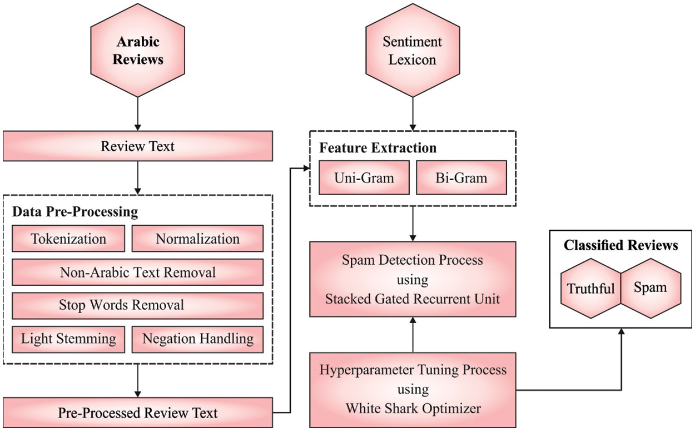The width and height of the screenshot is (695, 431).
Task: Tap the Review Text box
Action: pos(138,146)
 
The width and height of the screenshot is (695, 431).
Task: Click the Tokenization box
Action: pos(69,239)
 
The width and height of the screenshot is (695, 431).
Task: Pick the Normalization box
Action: pos(197,239)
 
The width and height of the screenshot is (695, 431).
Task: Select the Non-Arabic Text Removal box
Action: pos(138,272)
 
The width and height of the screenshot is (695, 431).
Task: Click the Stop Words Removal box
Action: pos(138,305)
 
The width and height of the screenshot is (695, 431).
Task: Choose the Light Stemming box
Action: pos(69,339)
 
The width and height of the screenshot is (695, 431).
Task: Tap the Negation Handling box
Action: pos(197,339)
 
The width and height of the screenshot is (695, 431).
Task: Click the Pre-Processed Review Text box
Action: pos(138,413)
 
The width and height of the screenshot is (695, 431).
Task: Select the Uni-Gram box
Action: pos(364,178)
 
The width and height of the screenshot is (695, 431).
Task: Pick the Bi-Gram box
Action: pos(461,178)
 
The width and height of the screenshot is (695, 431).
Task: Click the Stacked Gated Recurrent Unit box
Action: pos(413,279)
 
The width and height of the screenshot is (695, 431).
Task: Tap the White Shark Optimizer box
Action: pos(413,389)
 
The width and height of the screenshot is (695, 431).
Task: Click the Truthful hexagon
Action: pos(591,288)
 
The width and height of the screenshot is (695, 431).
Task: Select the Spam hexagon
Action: pos(650,288)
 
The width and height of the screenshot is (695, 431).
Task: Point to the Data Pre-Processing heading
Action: pos(75,212)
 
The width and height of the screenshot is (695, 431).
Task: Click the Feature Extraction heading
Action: pos(378,148)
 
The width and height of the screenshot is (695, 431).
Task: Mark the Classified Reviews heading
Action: pos(621,245)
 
